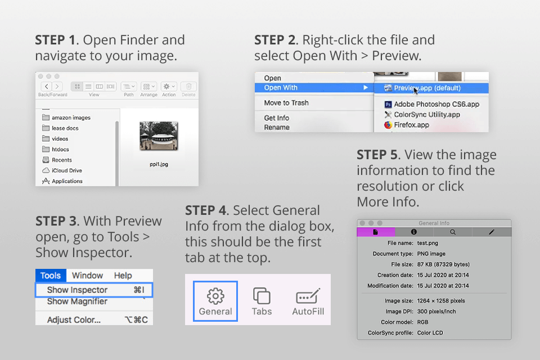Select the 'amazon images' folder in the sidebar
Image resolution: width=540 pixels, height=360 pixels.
[70, 118]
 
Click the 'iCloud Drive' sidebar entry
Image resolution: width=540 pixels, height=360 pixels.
[66, 170]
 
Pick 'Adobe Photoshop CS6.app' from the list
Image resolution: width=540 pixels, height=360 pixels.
[436, 104]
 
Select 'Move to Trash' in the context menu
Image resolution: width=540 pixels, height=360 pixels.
[286, 103]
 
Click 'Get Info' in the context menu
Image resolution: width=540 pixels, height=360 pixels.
[277, 118]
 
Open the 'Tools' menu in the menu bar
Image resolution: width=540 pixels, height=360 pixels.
[51, 276]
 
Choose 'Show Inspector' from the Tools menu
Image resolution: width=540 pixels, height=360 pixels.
[77, 290]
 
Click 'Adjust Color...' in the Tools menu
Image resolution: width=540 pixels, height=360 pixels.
[74, 319]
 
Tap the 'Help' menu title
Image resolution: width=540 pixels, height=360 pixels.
[123, 276]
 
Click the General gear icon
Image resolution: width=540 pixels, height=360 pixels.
[215, 296]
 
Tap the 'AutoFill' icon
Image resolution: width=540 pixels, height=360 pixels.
[308, 296]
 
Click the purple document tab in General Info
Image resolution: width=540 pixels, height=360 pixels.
[376, 232]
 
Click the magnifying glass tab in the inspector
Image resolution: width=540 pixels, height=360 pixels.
[453, 232]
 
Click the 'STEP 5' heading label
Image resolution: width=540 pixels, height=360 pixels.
[379, 155]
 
